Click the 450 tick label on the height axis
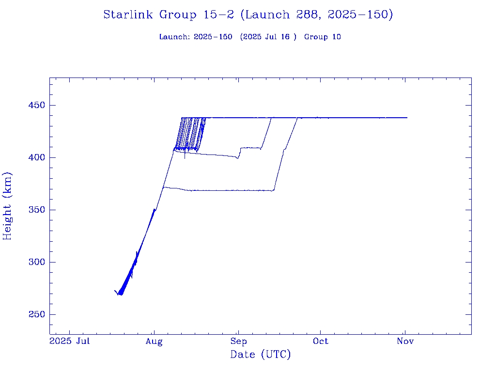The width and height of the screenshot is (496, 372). coord(36,106)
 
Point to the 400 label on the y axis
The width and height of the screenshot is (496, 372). coord(36,158)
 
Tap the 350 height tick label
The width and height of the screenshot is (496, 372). coord(36,210)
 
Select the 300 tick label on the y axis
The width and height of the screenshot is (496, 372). coord(36,263)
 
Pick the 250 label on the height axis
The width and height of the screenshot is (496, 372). coord(36,315)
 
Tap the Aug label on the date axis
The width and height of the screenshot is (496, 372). coord(154,341)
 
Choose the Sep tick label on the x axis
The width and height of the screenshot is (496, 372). coord(238,341)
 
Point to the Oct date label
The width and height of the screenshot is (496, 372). coord(320,341)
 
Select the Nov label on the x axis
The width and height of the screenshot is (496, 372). coord(405,341)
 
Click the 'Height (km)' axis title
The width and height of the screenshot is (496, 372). coord(8,206)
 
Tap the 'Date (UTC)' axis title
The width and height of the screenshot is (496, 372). coord(260,355)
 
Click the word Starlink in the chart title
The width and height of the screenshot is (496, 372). coord(129,15)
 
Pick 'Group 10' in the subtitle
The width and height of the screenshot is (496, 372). coord(323,37)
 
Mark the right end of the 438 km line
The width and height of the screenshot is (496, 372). coord(407,118)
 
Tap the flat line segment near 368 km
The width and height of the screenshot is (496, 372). coord(228,190)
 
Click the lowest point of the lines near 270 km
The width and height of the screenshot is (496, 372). coord(121,294)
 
